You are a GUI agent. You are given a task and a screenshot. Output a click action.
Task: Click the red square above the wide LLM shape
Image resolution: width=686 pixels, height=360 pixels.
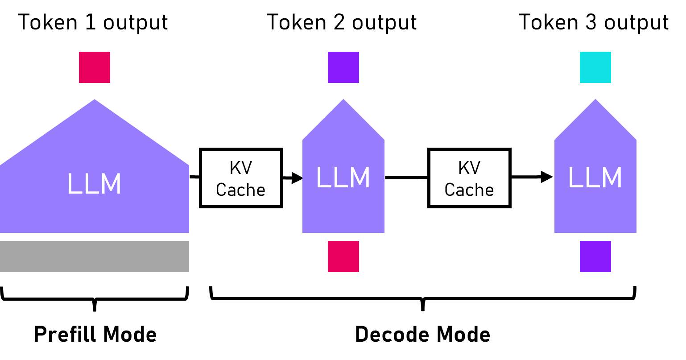tap(95, 67)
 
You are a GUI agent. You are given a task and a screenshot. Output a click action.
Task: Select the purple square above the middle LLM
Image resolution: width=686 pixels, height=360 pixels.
tap(343, 67)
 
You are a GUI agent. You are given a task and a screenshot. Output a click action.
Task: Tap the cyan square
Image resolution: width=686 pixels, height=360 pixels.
tap(595, 67)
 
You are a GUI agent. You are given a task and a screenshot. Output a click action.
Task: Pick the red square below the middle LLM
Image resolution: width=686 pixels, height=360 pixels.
tap(343, 257)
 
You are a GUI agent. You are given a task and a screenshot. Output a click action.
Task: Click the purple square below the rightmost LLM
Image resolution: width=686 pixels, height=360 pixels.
tap(595, 257)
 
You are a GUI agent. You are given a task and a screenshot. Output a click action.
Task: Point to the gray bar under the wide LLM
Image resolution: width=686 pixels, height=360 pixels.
tap(95, 257)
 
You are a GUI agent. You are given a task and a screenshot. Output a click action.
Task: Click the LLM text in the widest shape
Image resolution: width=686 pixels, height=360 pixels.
tap(94, 184)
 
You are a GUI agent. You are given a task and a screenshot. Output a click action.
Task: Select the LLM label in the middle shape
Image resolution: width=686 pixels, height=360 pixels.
tap(343, 178)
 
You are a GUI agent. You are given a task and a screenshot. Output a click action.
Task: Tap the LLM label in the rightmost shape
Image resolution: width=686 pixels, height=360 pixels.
tap(595, 178)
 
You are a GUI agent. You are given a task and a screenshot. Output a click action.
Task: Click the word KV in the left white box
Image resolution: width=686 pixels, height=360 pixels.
tap(241, 168)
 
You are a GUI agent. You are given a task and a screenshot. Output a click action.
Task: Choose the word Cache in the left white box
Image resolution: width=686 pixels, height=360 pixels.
tap(241, 190)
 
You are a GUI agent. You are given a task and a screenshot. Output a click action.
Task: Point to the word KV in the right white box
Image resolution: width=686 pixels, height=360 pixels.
tap(469, 168)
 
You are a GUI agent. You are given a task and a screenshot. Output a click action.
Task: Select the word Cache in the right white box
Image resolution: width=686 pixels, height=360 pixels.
tap(469, 190)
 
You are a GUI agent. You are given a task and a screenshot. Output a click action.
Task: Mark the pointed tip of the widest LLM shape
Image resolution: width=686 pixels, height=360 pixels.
tap(95, 101)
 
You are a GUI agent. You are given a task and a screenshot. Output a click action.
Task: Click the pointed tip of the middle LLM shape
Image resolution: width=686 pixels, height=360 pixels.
tap(343, 101)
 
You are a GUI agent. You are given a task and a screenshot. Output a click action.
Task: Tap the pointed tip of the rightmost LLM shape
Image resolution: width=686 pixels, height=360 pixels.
tap(595, 101)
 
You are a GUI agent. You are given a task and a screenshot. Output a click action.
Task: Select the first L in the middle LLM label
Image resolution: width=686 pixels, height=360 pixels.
tap(323, 178)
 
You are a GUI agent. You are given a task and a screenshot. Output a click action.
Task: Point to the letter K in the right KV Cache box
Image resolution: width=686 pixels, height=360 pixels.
tap(463, 168)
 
